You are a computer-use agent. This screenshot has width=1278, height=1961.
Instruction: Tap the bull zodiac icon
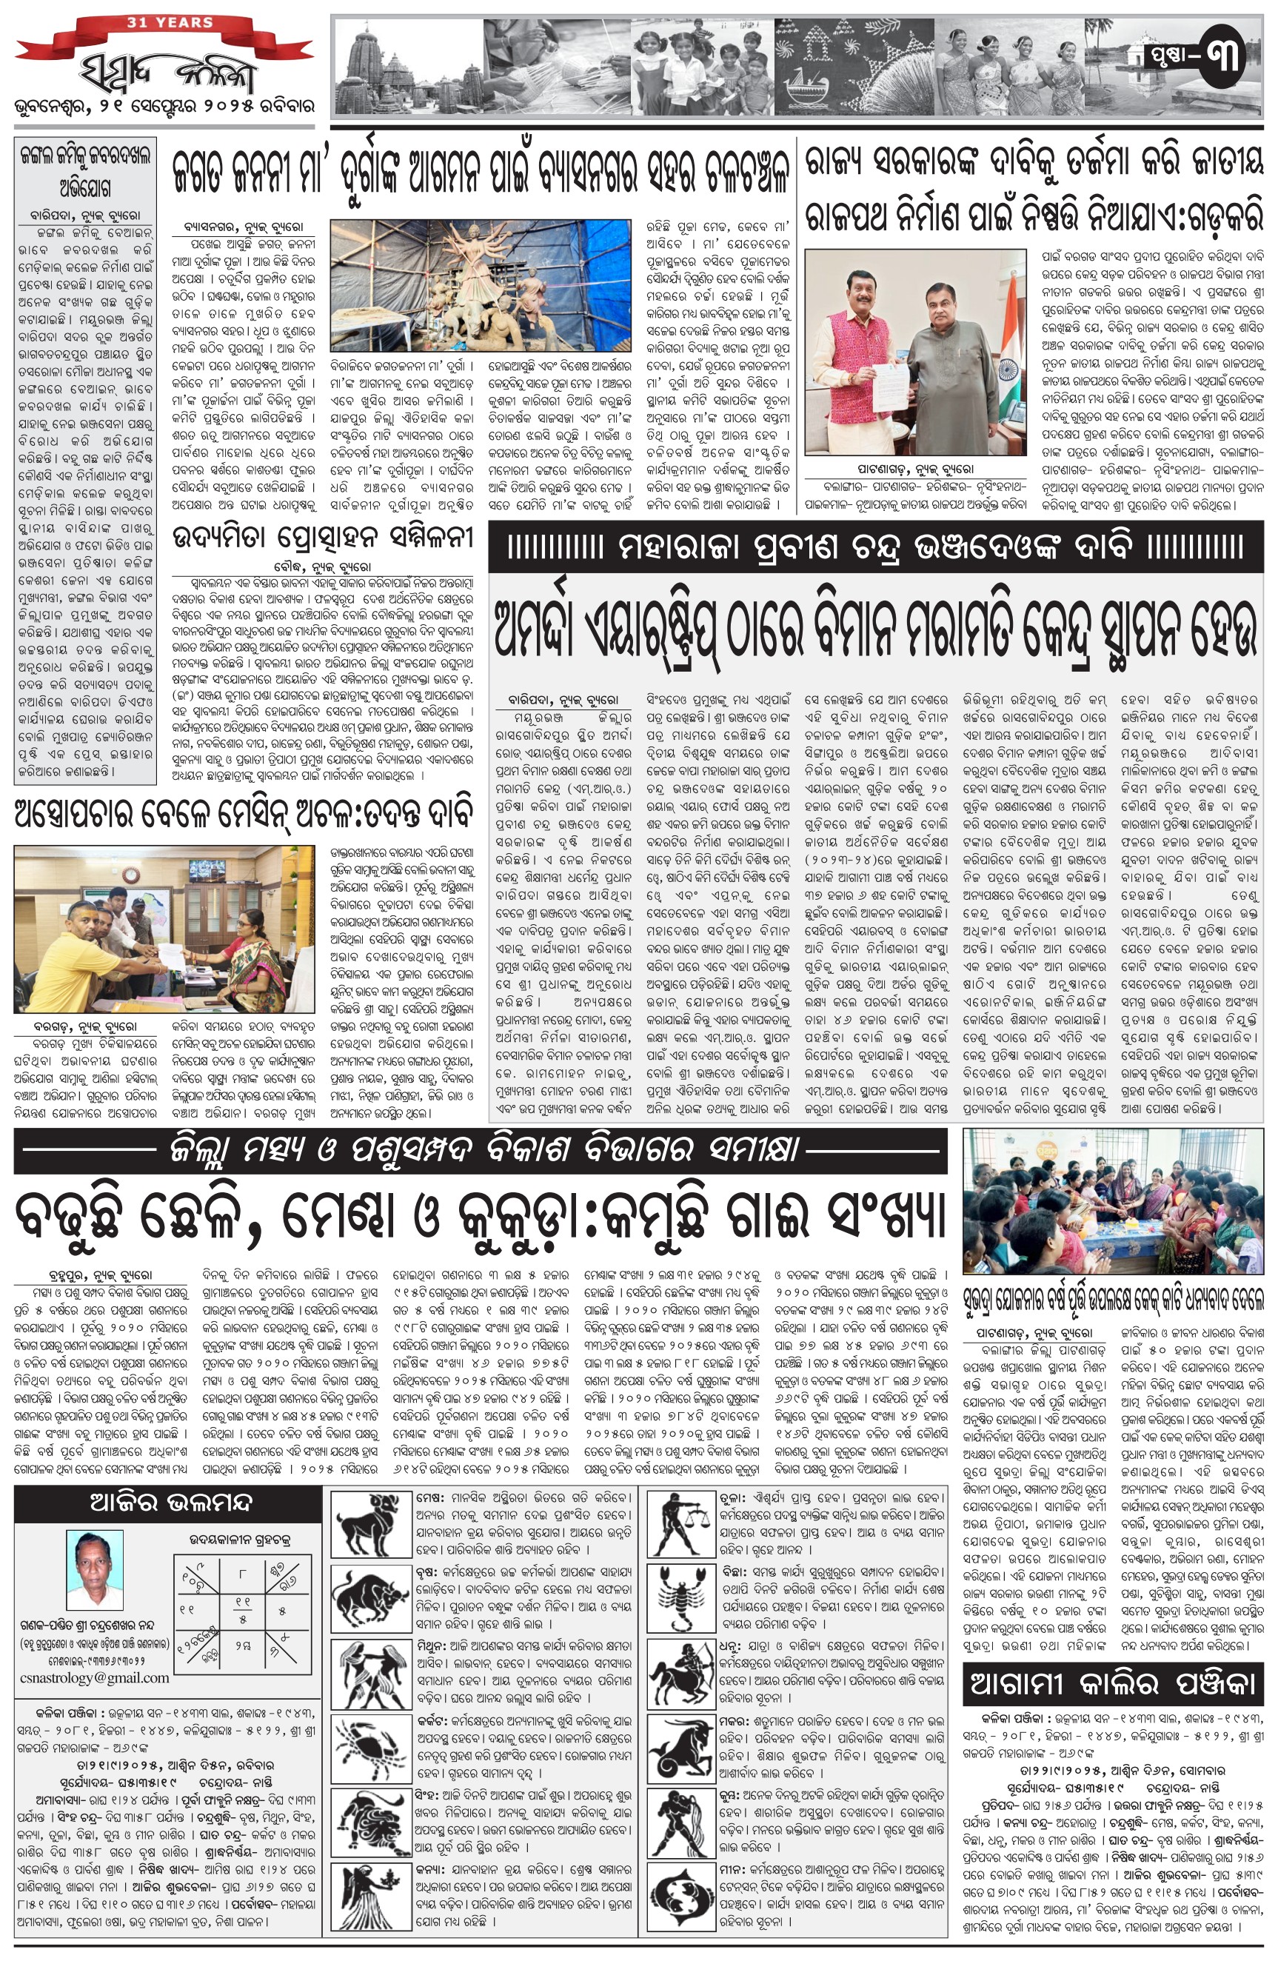[370, 1598]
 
